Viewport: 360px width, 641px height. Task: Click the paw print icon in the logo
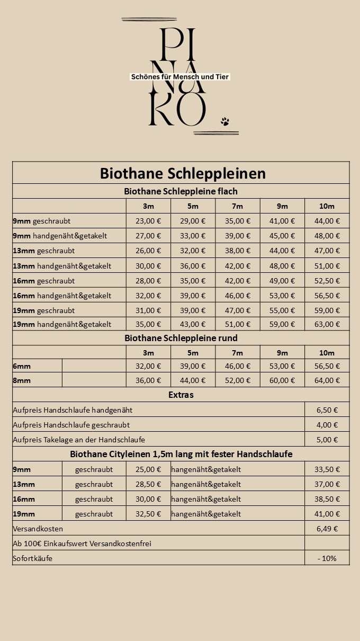coord(225,121)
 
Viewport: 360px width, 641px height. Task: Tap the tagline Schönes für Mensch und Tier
coord(180,77)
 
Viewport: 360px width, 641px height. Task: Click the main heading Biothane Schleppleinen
coord(183,174)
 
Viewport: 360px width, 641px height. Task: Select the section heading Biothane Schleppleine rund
coord(181,338)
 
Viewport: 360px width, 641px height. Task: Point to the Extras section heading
coord(181,395)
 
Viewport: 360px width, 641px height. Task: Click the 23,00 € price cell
coord(148,221)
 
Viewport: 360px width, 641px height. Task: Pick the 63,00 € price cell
coord(327,324)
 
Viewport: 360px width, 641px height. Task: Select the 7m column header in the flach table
coord(237,206)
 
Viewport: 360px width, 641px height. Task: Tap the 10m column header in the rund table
coord(327,353)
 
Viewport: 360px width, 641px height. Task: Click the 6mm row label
coord(22,366)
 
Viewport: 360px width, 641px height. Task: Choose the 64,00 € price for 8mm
coord(327,380)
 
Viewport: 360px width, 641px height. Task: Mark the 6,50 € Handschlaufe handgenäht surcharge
coord(327,410)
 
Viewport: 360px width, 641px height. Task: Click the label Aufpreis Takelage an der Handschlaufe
coord(79,440)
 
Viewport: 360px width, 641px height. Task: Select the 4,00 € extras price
coord(327,425)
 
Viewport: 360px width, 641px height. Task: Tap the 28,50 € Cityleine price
coord(148,484)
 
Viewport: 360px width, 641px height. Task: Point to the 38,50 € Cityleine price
coord(327,499)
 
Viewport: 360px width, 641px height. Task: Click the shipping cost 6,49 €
coord(327,529)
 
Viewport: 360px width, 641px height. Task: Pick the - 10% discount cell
coord(327,558)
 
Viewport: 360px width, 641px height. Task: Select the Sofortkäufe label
coord(33,558)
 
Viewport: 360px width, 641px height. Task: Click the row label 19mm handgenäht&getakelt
coord(62,324)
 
